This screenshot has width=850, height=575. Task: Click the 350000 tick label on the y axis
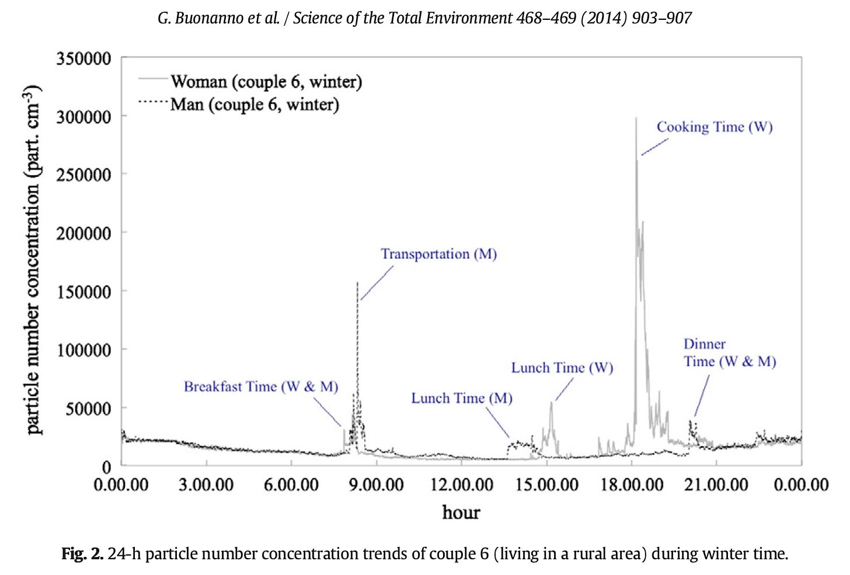tap(83, 59)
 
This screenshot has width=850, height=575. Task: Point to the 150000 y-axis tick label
tap(83, 292)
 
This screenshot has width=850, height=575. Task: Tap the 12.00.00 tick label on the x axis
tap(461, 485)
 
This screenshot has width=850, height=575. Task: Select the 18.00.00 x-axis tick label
tap(632, 485)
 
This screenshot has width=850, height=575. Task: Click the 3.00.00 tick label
tap(206, 485)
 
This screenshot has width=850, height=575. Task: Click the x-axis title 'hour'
tap(461, 512)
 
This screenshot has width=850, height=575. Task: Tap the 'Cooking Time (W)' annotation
tap(715, 127)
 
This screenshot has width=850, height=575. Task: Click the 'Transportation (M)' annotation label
tap(439, 254)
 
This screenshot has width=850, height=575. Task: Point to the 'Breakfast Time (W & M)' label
tap(261, 387)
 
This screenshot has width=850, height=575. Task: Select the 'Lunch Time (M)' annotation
tap(462, 398)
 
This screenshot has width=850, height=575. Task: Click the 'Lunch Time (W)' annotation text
tap(562, 367)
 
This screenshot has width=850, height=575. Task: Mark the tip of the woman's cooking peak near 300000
tap(636, 118)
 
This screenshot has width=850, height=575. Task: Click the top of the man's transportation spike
tap(357, 282)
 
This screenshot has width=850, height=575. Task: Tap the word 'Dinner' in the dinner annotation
tap(705, 344)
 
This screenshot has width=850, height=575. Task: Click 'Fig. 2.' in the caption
tap(82, 554)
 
